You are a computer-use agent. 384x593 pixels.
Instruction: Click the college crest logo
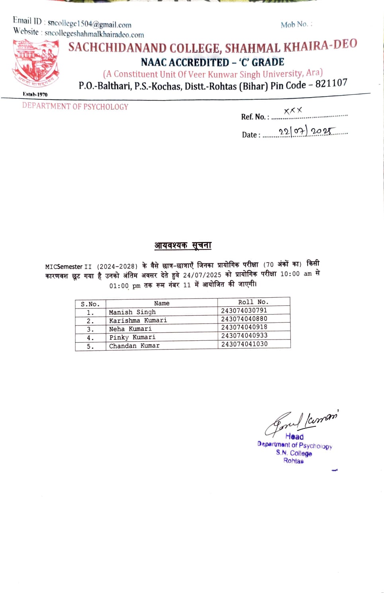click(36, 64)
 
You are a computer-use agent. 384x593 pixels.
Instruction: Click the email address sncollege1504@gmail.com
click(89, 24)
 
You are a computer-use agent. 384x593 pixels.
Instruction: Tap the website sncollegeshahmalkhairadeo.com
click(94, 34)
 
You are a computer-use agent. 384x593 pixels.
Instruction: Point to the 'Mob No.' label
click(294, 25)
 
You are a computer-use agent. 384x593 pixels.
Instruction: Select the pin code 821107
click(331, 83)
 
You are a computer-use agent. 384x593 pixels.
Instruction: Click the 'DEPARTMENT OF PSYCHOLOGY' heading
click(75, 106)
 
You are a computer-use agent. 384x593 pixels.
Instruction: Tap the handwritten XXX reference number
click(293, 110)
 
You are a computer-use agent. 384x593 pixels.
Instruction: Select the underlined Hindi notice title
click(183, 245)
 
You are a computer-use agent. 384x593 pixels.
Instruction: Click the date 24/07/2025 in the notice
click(202, 275)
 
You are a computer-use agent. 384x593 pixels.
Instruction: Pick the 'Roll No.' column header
click(253, 302)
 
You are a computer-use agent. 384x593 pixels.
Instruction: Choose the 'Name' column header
click(162, 303)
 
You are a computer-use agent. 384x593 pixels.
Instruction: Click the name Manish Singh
click(132, 312)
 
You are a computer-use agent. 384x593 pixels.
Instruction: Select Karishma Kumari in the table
click(138, 320)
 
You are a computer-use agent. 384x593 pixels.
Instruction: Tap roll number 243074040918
click(244, 327)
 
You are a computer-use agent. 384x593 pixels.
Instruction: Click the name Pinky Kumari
click(132, 337)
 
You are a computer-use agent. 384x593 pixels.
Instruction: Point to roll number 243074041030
click(244, 344)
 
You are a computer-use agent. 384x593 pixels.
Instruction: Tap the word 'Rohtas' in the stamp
click(293, 461)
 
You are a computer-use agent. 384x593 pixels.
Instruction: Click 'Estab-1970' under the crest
click(35, 94)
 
